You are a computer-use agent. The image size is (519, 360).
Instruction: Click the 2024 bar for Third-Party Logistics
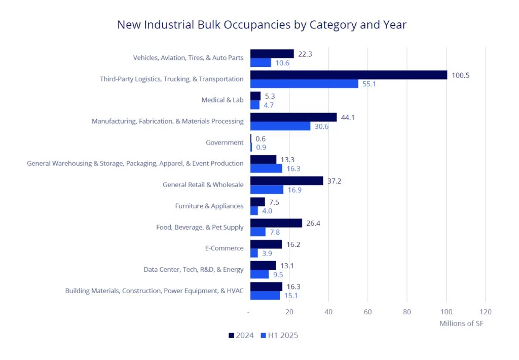pyautogui.click(x=348, y=75)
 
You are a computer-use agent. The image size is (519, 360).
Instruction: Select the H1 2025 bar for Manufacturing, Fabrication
pyautogui.click(x=280, y=126)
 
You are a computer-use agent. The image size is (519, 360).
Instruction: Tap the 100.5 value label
pyautogui.click(x=461, y=75)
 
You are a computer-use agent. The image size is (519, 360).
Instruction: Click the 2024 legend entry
pyautogui.click(x=241, y=335)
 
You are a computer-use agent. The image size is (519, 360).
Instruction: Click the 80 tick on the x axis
pyautogui.click(x=407, y=312)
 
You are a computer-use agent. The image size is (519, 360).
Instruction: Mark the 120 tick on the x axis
pyautogui.click(x=485, y=312)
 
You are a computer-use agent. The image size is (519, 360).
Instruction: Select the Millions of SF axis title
pyautogui.click(x=461, y=323)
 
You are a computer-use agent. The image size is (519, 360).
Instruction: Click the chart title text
pyautogui.click(x=262, y=24)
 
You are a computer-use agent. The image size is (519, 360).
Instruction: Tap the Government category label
pyautogui.click(x=225, y=142)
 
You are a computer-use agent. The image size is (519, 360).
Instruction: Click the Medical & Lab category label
pyautogui.click(x=223, y=100)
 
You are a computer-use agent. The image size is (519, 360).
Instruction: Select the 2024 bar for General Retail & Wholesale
pyautogui.click(x=286, y=181)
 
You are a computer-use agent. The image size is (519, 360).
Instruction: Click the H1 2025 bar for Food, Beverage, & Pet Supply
pyautogui.click(x=257, y=232)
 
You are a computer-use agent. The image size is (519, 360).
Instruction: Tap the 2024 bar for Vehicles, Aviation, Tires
pyautogui.click(x=272, y=54)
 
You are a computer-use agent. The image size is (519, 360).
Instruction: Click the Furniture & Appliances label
pyautogui.click(x=209, y=206)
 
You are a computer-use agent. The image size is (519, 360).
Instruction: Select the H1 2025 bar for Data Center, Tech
pyautogui.click(x=259, y=274)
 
